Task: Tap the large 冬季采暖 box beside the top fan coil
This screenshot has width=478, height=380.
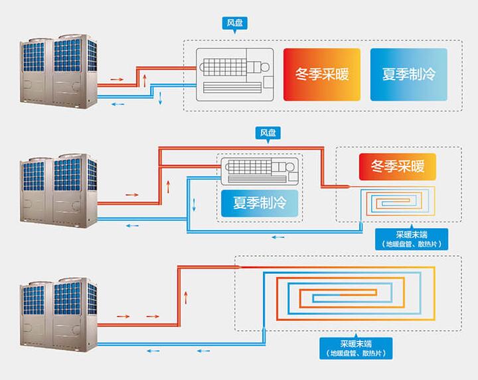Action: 322,74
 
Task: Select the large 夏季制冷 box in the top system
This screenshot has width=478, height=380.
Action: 408,74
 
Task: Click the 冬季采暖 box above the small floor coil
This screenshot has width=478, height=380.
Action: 397,166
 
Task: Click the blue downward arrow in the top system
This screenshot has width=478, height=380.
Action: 160,99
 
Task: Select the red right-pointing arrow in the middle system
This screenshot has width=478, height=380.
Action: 131,195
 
